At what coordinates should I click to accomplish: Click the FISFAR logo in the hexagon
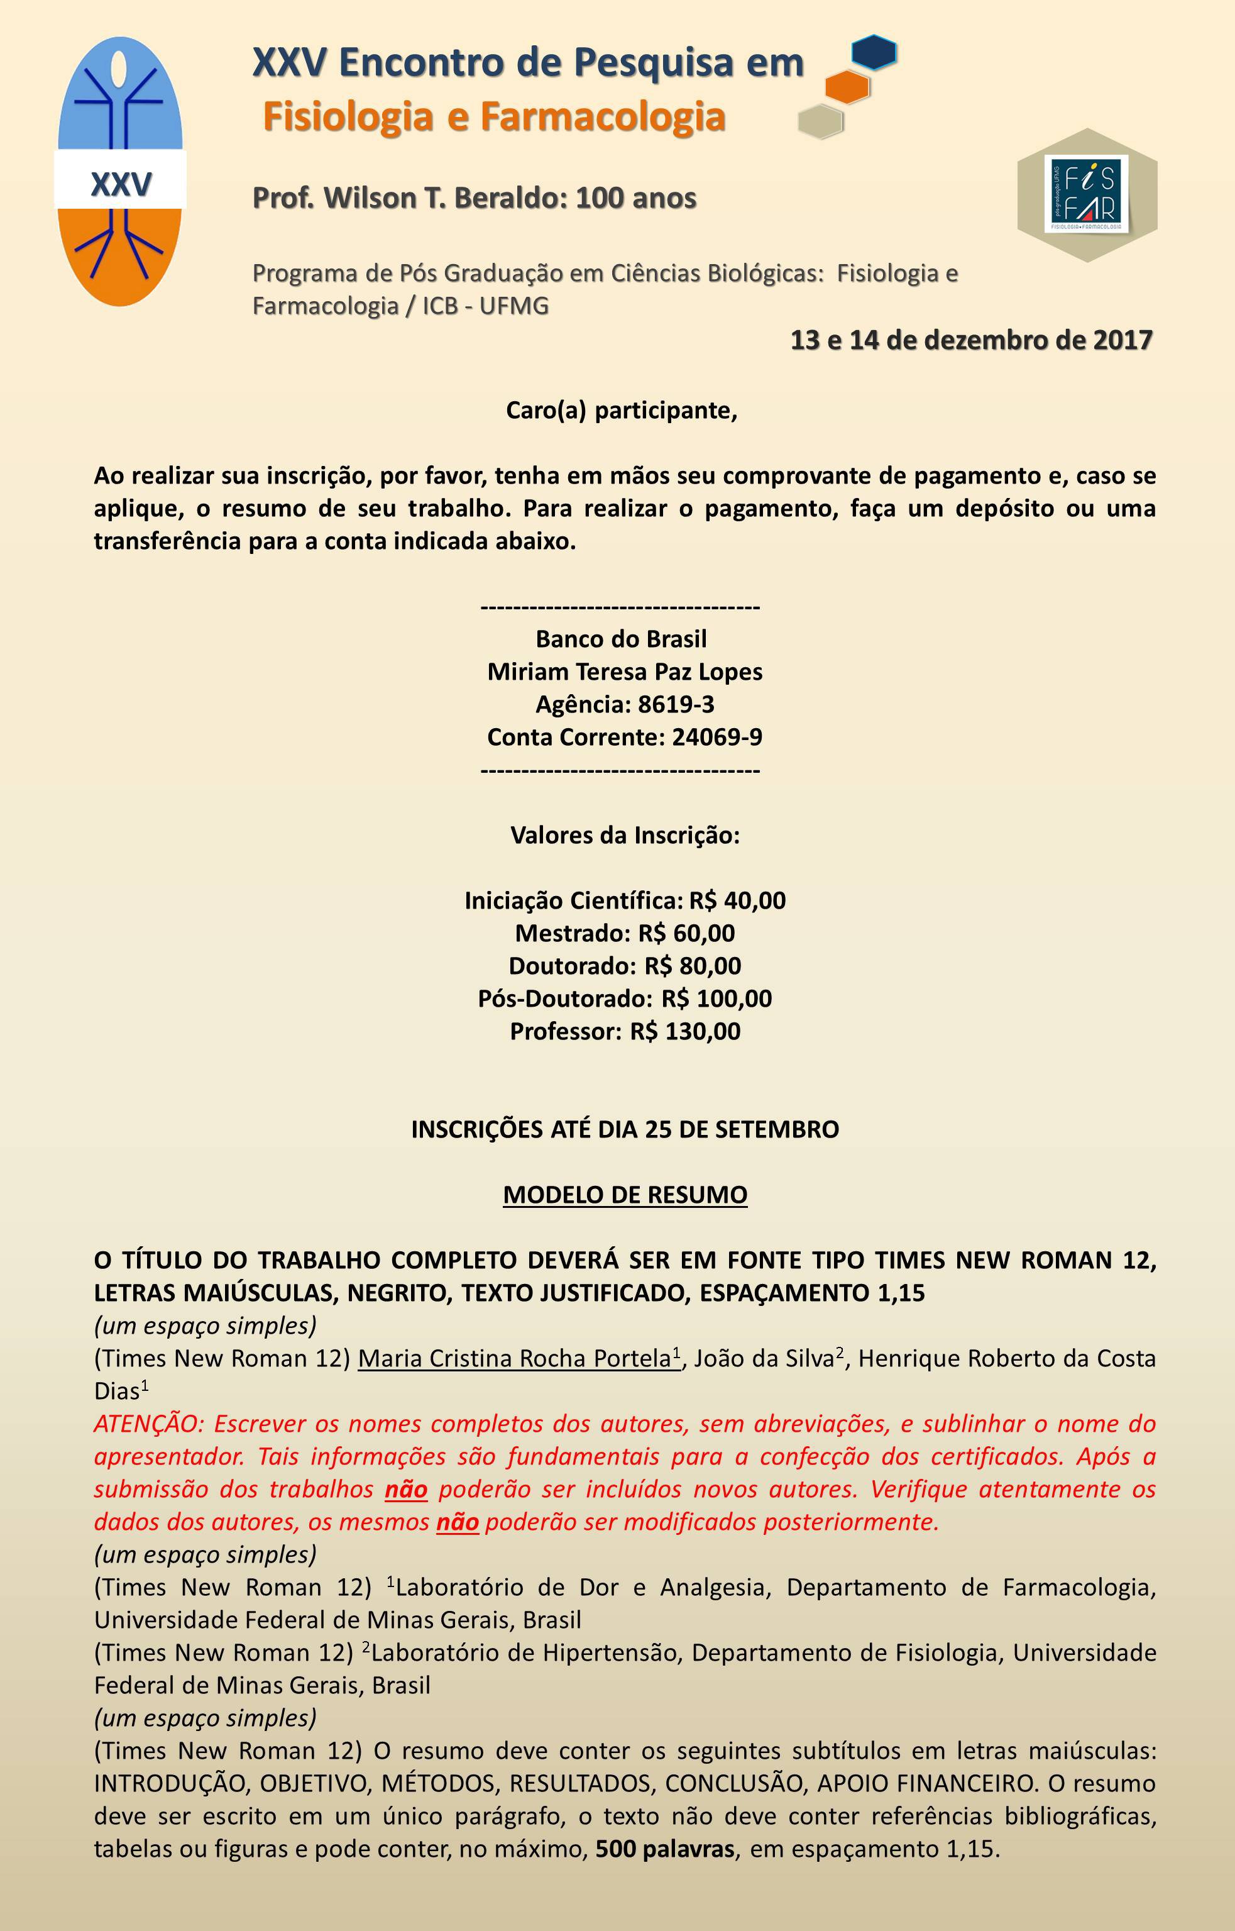1087,194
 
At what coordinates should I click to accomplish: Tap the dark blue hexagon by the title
874,52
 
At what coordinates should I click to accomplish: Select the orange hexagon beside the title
847,87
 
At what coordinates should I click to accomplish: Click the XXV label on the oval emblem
121,184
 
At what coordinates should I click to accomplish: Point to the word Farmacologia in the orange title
603,116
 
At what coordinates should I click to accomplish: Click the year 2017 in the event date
1122,340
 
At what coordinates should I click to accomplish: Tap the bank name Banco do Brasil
621,639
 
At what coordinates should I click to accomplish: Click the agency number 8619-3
675,704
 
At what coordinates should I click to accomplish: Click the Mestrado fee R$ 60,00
686,933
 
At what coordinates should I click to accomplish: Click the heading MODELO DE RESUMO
625,1195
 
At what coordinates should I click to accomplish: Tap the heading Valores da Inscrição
625,835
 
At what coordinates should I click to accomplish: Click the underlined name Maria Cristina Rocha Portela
513,1358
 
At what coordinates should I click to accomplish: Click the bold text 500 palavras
664,1849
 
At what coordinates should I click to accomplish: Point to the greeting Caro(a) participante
621,410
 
